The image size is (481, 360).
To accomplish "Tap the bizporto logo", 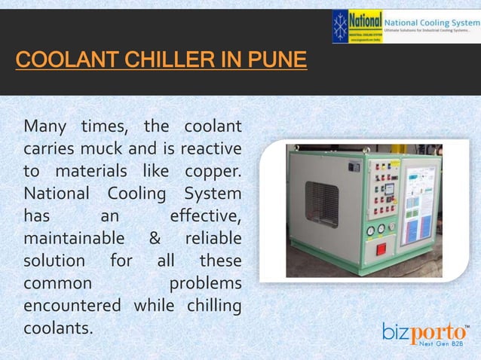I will click(x=426, y=331).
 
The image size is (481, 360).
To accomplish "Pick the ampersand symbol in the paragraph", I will click(x=154, y=239).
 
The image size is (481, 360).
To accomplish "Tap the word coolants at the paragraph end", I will click(x=58, y=329).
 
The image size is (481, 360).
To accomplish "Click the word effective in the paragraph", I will click(x=205, y=216).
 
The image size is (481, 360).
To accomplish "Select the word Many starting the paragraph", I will click(x=44, y=124).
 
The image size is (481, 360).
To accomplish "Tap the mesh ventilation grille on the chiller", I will click(x=321, y=203).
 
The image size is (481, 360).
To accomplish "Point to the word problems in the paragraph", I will click(x=205, y=284).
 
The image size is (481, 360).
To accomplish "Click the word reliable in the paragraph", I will click(x=213, y=239).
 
